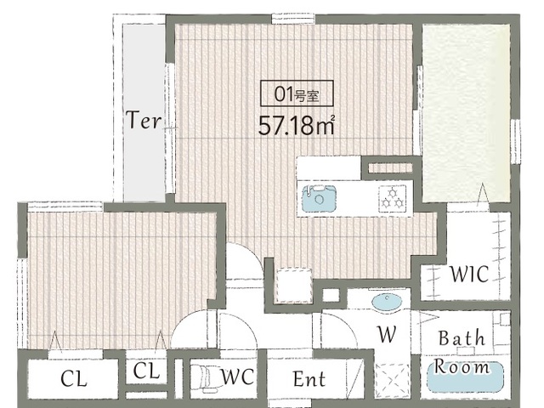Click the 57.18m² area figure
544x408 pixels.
297,125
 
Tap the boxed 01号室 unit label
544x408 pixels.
297,93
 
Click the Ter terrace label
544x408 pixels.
144,120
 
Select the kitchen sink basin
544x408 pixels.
320,199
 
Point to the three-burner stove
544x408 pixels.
393,198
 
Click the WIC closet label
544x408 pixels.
469,274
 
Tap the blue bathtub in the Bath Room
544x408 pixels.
465,377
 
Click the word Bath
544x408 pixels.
462,338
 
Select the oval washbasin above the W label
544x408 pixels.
387,301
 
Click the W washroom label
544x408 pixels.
387,334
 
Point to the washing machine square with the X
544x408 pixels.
393,381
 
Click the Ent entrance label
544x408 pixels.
309,379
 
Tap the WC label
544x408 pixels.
237,377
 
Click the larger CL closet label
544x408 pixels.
73,379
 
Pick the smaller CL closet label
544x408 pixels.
146,371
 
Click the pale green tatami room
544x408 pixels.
467,113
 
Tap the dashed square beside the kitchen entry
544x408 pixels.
293,286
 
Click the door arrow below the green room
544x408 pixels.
482,196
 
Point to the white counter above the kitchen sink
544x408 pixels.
328,168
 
